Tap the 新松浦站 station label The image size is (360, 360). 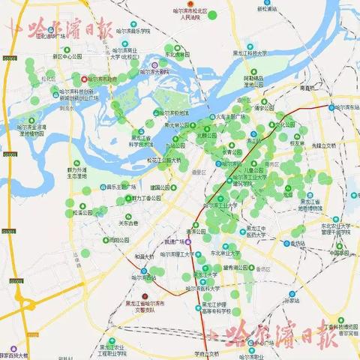266,9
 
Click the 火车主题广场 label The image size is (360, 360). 231,117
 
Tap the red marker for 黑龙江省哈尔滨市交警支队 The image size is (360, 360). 156,295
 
